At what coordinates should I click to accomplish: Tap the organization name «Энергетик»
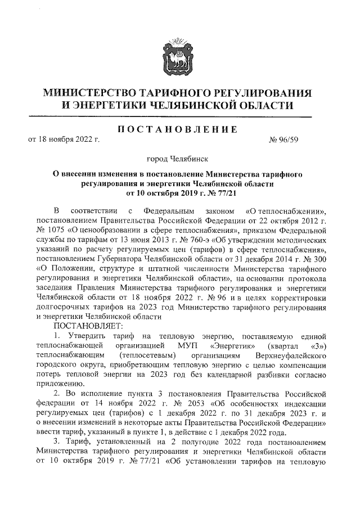(235, 345)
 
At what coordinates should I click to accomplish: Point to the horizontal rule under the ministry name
(179, 117)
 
